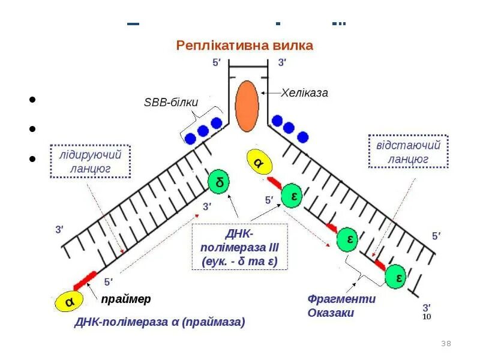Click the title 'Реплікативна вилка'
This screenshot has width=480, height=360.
click(244, 46)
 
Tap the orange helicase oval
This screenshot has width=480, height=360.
click(247, 107)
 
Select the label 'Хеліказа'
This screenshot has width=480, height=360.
click(305, 93)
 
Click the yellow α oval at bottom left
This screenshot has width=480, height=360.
click(70, 302)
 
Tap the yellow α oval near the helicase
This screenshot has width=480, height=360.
click(259, 163)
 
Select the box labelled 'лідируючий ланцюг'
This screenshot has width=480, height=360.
click(90, 162)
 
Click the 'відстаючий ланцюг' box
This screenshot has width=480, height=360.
click(408, 152)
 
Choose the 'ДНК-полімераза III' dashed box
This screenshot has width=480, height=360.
click(239, 247)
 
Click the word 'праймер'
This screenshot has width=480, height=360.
click(126, 299)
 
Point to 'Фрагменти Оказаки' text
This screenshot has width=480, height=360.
click(341, 305)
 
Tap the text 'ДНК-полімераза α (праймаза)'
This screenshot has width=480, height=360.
click(160, 322)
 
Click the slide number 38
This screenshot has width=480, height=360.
click(446, 344)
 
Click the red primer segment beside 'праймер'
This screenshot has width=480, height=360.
click(85, 280)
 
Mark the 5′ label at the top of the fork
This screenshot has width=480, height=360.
click(217, 62)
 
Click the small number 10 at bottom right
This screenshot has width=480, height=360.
click(427, 316)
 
